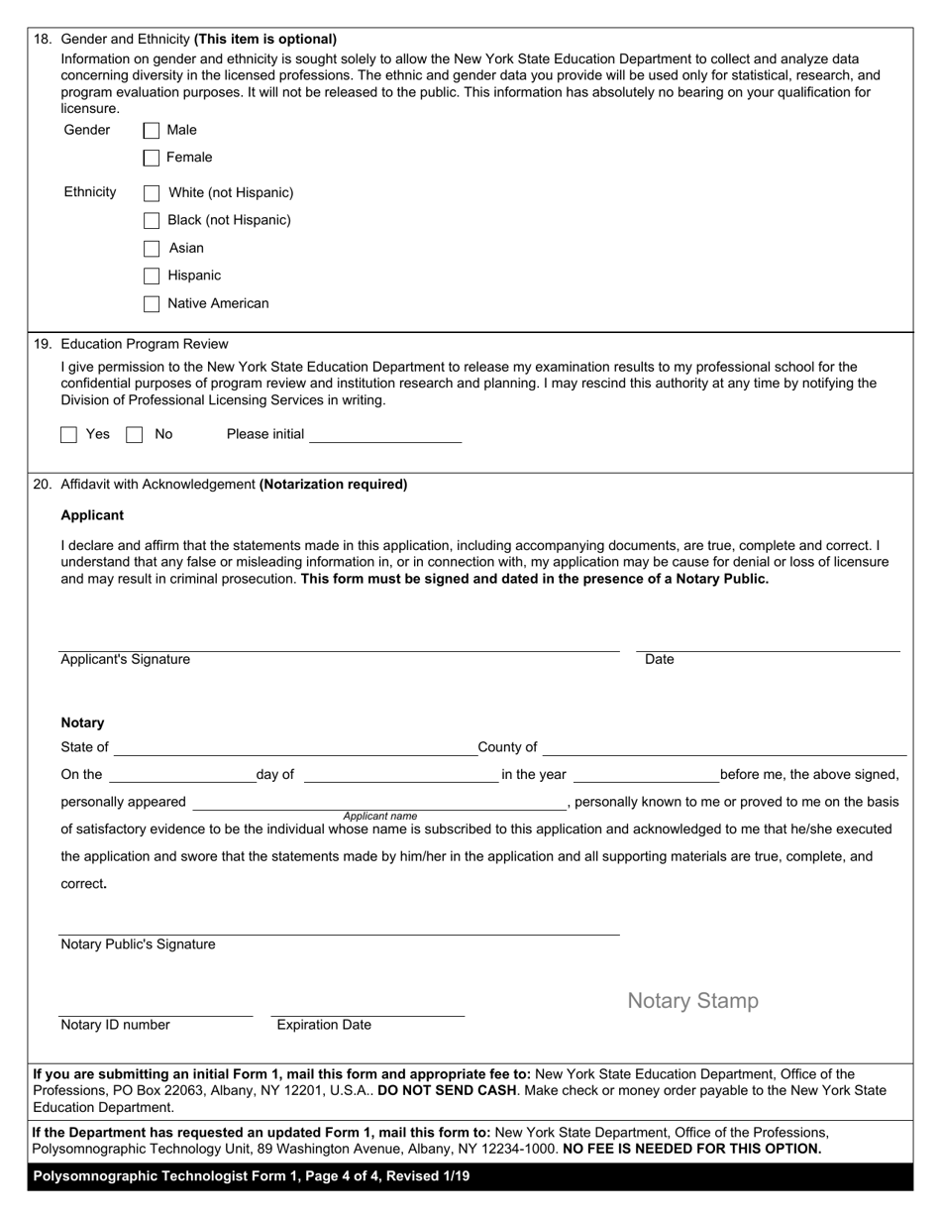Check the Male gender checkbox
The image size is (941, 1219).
pos(152,130)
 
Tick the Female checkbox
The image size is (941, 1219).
pos(152,158)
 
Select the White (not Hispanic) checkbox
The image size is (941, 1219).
pos(152,193)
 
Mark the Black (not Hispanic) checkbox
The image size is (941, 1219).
pos(152,220)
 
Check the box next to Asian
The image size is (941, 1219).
pos(152,249)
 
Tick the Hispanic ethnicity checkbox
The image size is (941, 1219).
pos(152,276)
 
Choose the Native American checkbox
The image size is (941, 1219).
pos(152,304)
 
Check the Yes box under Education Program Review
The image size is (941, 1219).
pos(69,434)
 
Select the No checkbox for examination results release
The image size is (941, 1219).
pos(135,434)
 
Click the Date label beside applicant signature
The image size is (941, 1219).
pos(659,659)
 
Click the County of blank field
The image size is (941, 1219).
pos(724,747)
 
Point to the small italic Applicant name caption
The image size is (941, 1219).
pos(379,816)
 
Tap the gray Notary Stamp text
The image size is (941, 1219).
pos(692,1001)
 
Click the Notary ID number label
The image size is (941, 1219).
pos(115,1025)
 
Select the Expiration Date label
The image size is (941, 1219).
pos(324,1025)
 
